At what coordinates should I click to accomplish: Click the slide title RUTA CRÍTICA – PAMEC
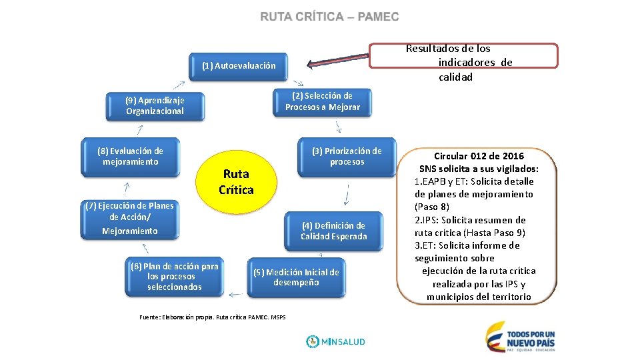329,17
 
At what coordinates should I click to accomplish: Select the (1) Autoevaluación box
238,66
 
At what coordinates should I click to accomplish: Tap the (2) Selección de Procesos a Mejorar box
322,101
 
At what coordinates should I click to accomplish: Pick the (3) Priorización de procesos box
347,157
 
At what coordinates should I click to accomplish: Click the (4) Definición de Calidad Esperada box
333,231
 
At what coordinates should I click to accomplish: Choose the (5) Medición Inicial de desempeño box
295,277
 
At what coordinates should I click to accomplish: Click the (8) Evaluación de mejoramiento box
130,157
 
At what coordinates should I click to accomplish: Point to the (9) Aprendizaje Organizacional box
155,105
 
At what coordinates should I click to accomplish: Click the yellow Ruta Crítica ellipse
236,182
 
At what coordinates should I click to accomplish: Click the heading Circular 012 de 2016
479,156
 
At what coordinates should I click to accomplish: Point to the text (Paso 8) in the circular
431,207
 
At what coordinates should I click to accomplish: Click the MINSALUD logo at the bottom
336,341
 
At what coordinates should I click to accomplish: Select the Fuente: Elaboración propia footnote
212,317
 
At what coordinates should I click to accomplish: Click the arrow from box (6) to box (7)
146,248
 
